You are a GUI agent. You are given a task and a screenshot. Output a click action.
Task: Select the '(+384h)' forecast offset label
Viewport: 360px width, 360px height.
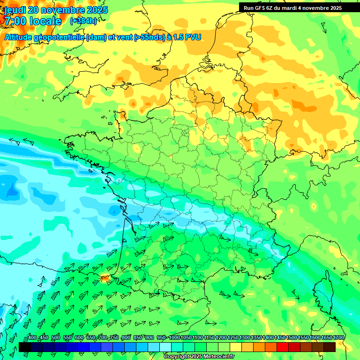click(83, 21)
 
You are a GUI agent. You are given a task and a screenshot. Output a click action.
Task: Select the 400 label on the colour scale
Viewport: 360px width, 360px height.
click(32, 338)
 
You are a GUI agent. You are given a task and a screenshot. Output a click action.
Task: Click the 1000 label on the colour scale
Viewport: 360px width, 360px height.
click(174, 338)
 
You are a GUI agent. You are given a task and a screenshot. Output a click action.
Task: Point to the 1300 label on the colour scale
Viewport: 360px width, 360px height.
click(244, 338)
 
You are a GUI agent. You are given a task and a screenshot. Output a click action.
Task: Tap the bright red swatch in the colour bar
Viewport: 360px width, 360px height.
click(283, 347)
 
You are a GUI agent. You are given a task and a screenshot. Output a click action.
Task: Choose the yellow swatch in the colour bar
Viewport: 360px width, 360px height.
click(236, 347)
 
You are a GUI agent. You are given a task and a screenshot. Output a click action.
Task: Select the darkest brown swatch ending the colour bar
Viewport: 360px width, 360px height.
click(330, 347)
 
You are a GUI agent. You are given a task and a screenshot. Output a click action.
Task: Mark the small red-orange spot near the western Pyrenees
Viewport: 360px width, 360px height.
click(105, 278)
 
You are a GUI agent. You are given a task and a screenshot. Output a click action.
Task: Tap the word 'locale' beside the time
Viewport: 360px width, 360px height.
click(45, 21)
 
